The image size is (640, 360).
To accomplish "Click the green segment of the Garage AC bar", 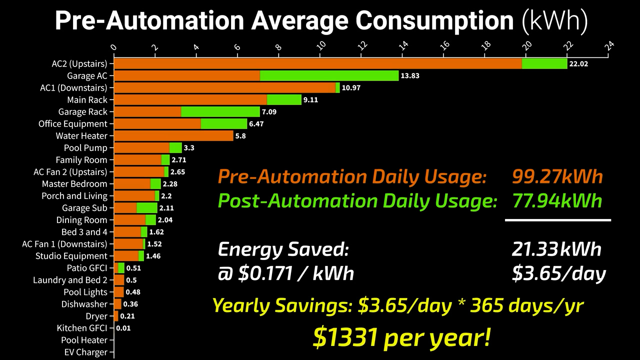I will [x=329, y=75].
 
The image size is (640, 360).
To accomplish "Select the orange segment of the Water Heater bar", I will [x=173, y=135].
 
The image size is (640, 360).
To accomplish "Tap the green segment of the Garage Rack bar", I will [x=220, y=111].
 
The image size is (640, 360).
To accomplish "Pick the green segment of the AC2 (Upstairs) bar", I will [x=544, y=63].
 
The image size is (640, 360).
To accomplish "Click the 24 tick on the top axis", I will [x=609, y=46].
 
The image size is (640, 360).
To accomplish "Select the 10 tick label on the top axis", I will [x=321, y=46].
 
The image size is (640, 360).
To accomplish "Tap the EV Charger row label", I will [x=85, y=352].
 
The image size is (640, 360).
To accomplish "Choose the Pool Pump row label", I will [x=85, y=148].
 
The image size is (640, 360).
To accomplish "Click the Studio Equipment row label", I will [x=71, y=256].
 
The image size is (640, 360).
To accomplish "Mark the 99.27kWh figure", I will [x=557, y=176].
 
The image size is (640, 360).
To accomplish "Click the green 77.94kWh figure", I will [x=557, y=200].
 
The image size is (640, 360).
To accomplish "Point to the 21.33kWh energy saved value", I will [x=556, y=249].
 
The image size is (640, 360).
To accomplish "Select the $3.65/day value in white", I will [x=558, y=273].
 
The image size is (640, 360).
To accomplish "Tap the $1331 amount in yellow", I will [x=344, y=337].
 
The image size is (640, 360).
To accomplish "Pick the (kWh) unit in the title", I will [x=554, y=21].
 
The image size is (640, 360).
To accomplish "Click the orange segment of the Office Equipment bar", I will [x=157, y=123].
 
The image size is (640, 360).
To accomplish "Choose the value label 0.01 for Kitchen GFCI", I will [x=123, y=328].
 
